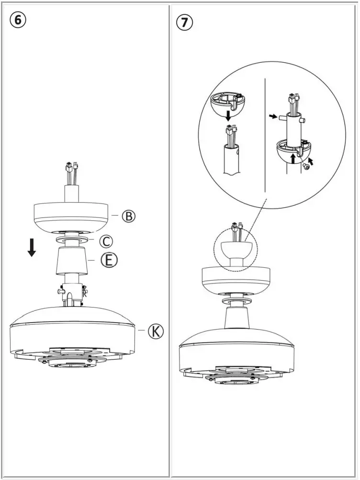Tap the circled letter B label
tap(128, 216)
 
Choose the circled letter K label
tap(155, 331)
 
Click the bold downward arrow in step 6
tap(32, 247)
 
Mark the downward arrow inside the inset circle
tap(229, 116)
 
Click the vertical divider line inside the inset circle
tap(265, 134)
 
